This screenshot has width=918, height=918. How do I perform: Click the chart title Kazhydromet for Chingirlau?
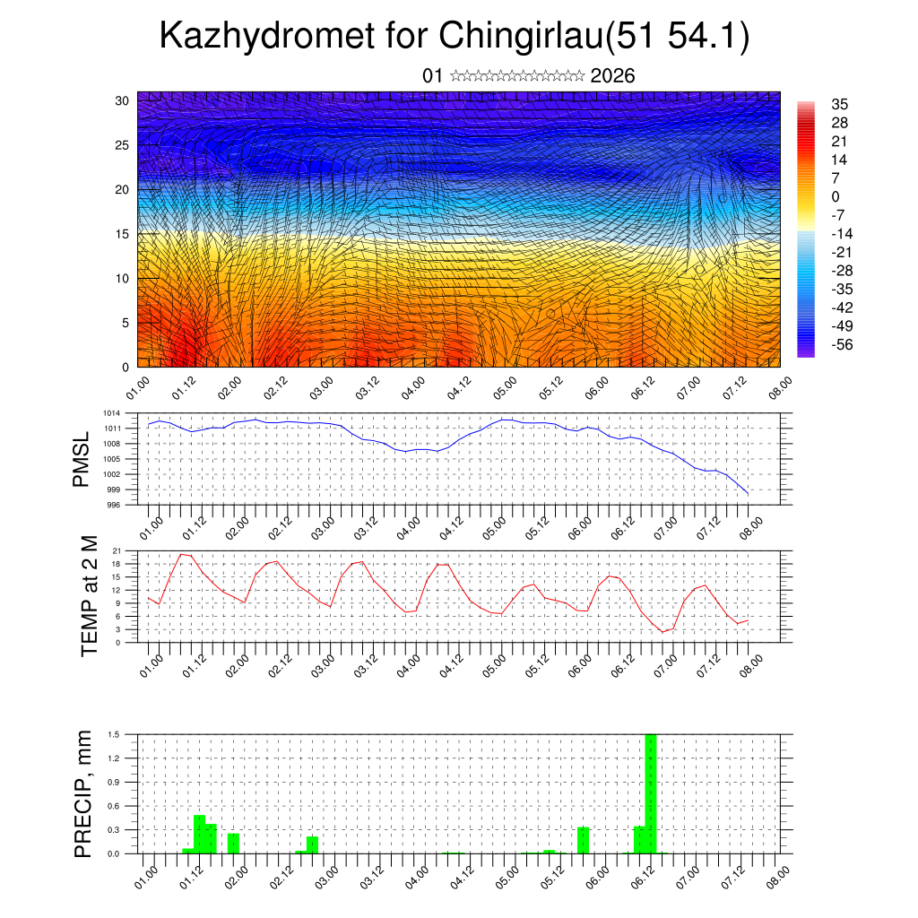point(454,37)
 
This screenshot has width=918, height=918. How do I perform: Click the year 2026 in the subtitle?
point(613,76)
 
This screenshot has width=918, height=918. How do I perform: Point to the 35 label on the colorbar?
point(840,104)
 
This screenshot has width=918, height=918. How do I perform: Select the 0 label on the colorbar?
point(836,196)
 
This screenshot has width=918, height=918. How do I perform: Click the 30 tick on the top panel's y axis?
point(122,100)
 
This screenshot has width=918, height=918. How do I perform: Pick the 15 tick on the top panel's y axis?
point(122,234)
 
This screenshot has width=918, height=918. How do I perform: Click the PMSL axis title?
point(82,459)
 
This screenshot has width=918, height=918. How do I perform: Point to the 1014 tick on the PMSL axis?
point(111,413)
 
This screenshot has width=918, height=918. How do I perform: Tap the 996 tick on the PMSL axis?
point(114,505)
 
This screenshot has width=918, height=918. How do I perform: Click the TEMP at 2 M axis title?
point(90,596)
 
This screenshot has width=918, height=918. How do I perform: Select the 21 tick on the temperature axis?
point(117,550)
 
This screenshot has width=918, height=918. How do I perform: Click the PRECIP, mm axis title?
point(83,793)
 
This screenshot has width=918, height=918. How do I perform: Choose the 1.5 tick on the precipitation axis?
point(115,734)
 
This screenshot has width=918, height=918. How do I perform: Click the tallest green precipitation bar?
point(651,793)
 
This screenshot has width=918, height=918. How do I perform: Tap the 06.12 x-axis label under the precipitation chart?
point(644,874)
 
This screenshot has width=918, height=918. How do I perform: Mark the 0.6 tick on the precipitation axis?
point(115,806)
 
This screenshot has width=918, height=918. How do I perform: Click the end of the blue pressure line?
point(748,493)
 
